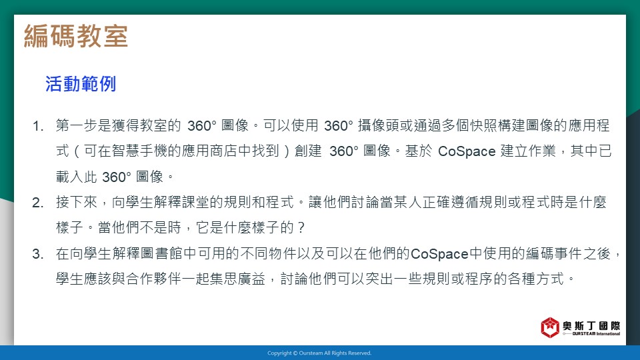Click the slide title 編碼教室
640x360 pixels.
tap(76, 36)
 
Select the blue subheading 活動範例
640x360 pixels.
tap(81, 84)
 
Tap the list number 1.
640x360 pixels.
tap(38, 126)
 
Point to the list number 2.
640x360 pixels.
tap(38, 203)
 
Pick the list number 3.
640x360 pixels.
tap(38, 254)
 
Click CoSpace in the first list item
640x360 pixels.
tap(467, 151)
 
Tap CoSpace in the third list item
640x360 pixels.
tap(439, 254)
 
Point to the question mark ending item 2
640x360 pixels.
tap(301, 228)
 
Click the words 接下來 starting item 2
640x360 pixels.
tap(77, 202)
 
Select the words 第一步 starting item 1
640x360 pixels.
tap(77, 125)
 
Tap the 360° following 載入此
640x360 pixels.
tap(116, 177)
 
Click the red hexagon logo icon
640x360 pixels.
tap(550, 327)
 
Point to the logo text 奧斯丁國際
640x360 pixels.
tap(591, 325)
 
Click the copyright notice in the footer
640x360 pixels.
tap(319, 353)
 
